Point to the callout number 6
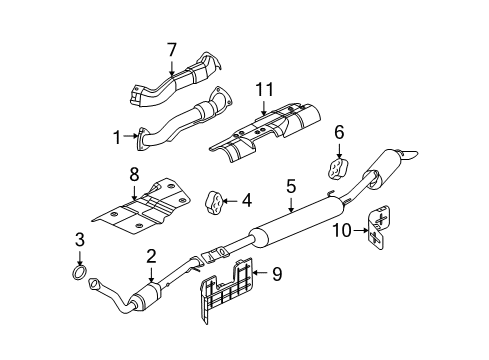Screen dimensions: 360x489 tap(338, 130)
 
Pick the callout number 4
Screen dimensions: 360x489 tap(247, 199)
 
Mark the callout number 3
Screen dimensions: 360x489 tap(80, 238)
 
